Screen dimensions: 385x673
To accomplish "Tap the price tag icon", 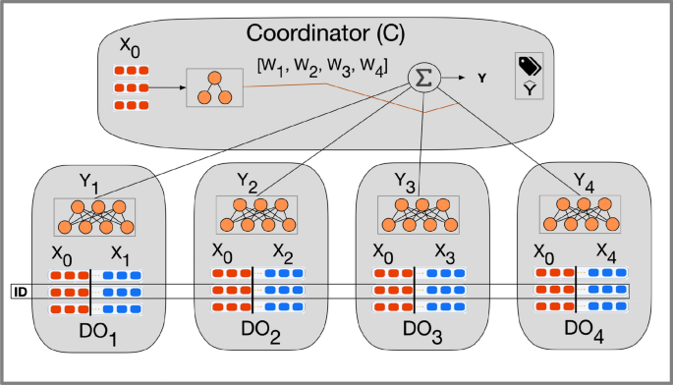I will click(x=531, y=67).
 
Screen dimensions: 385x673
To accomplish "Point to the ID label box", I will click(x=19, y=292).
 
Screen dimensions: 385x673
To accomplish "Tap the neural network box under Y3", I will click(x=413, y=213).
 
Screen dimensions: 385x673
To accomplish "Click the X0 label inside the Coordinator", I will click(x=128, y=47).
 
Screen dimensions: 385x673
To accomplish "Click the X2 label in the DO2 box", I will click(x=285, y=251).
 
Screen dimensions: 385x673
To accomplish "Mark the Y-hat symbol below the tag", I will click(x=532, y=89).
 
